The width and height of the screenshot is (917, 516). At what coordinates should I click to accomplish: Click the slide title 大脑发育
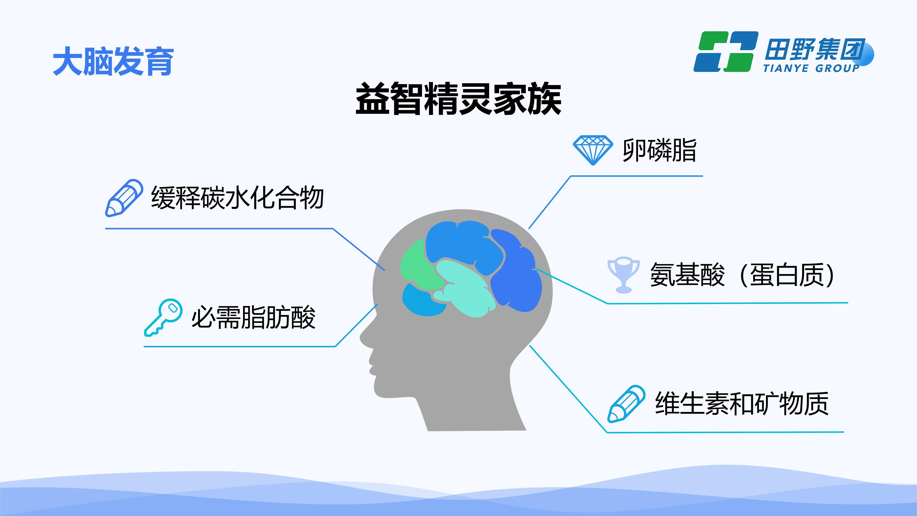(x=113, y=61)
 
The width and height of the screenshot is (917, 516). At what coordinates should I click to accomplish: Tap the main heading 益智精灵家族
(x=458, y=99)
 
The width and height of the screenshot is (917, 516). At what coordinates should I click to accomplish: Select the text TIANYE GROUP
(x=811, y=68)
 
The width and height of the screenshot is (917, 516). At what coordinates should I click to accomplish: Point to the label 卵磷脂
(x=659, y=150)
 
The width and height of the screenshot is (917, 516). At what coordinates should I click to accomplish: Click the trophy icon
(x=623, y=274)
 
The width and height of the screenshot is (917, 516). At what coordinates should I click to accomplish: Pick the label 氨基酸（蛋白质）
(x=742, y=274)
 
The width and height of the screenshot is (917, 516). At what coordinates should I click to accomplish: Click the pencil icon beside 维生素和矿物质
(x=626, y=404)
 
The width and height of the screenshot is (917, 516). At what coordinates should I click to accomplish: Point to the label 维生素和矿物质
(x=742, y=403)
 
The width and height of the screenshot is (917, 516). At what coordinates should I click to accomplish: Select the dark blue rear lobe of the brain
(x=516, y=271)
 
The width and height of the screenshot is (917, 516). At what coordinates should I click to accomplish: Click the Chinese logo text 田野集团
(x=815, y=49)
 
